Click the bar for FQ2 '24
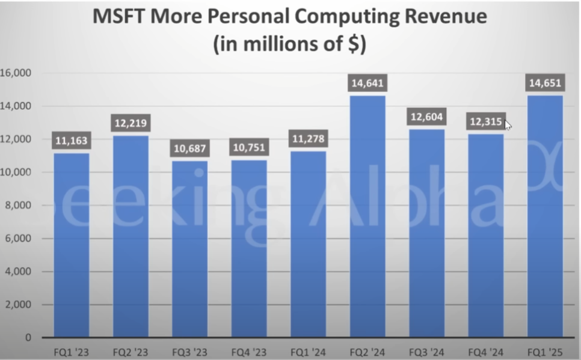coord(367,216)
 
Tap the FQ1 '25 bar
coord(546,216)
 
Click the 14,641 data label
coord(367,83)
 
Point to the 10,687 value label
coord(190,148)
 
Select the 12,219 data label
coord(131,123)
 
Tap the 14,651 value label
coord(546,83)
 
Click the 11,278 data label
coord(309,139)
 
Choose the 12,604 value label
coord(427,117)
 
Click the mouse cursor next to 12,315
coord(508,125)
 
